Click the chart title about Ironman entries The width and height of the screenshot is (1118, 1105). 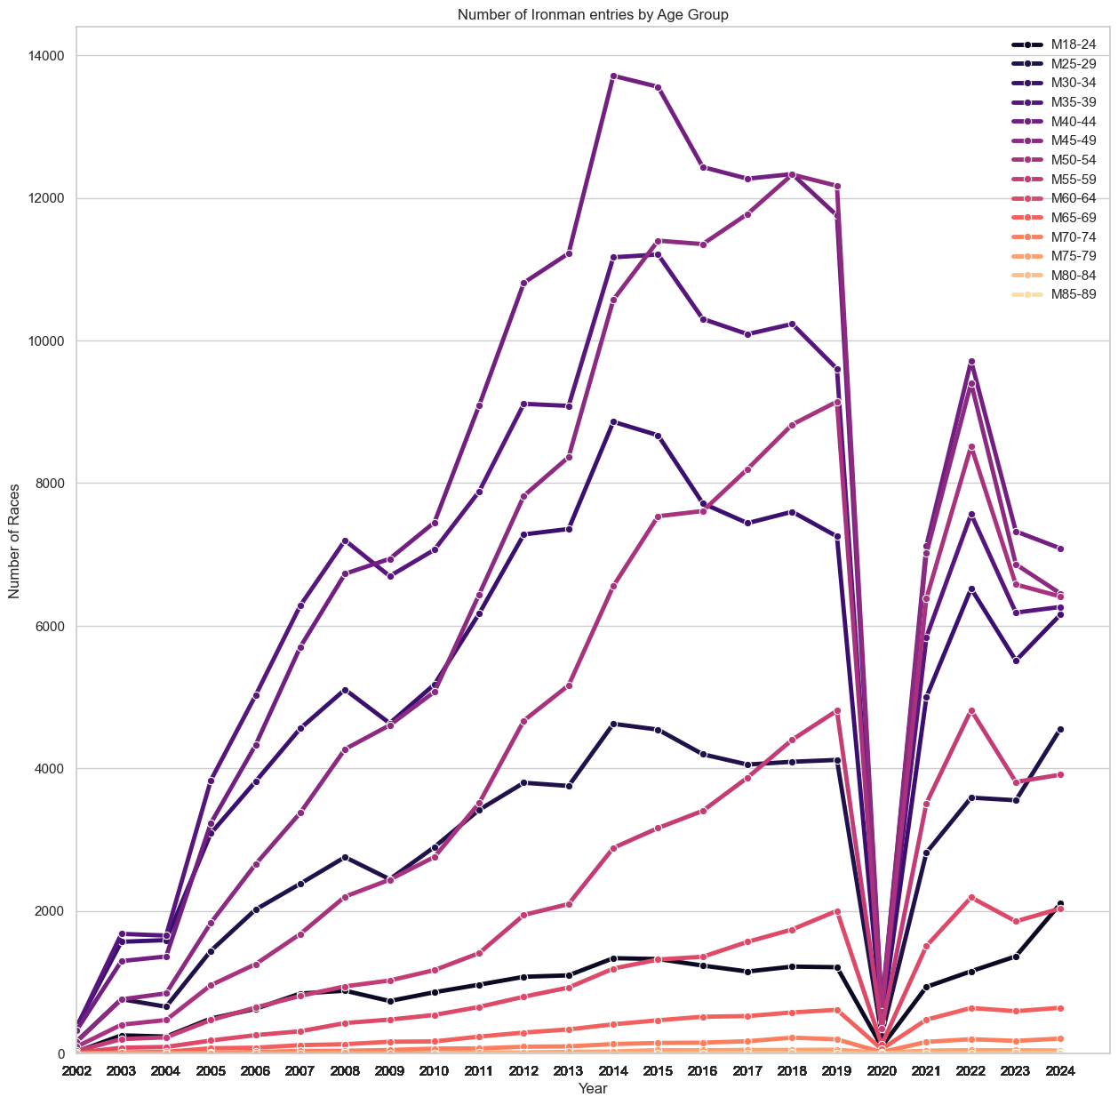tap(593, 14)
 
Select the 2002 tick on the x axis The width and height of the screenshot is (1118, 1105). tap(77, 1071)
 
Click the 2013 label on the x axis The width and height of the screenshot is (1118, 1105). tap(569, 1071)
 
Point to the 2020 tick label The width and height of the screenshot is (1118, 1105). tap(882, 1071)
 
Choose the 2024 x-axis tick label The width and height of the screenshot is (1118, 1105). tap(1060, 1071)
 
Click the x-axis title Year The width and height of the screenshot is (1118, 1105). tap(593, 1089)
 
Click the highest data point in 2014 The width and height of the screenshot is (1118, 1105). tap(613, 76)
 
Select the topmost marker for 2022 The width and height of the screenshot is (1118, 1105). tap(971, 362)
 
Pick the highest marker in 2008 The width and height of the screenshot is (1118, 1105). tap(345, 541)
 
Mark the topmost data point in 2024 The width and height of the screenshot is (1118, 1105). tap(1060, 549)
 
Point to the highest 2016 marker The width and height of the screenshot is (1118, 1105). tap(703, 167)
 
